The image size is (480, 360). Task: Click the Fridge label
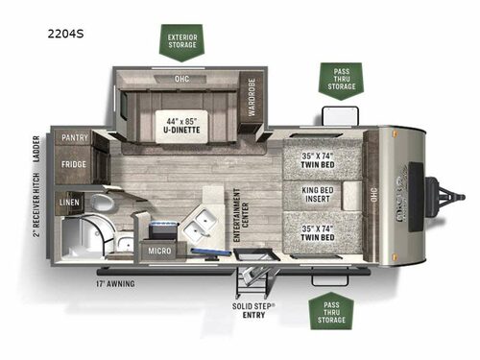point(74,164)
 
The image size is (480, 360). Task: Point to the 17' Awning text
point(114,284)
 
